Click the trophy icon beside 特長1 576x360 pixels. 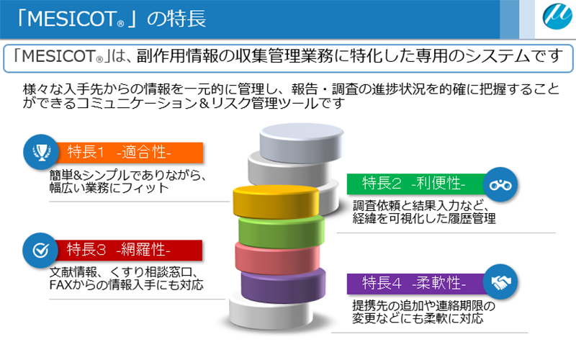[41, 152]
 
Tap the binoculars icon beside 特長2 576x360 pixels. [500, 184]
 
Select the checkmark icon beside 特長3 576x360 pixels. [40, 250]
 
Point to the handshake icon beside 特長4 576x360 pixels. [500, 282]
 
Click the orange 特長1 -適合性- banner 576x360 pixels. [129, 152]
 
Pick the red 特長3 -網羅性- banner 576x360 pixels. [128, 250]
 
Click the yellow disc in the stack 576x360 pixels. [276, 202]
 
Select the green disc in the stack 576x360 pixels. [282, 232]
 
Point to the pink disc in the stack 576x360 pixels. [278, 258]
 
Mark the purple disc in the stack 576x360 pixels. [283, 286]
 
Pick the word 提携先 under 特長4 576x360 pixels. [369, 305]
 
